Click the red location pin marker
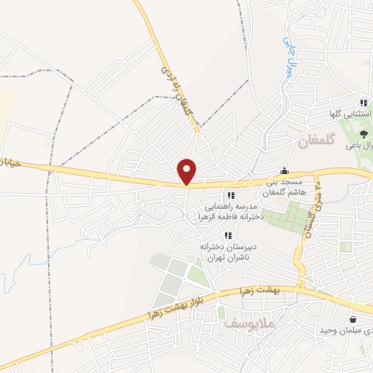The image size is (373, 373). tap(187, 171)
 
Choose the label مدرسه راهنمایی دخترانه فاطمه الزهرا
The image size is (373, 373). tap(229, 211)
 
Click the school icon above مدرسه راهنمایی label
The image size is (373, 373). tap(231, 195)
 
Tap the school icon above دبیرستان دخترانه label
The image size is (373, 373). tap(228, 236)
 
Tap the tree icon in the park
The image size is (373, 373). tap(365, 133)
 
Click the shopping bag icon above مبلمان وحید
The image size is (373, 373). tap(353, 319)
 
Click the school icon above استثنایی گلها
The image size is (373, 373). tap(363, 102)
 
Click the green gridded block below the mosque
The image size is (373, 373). tap(288, 217)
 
